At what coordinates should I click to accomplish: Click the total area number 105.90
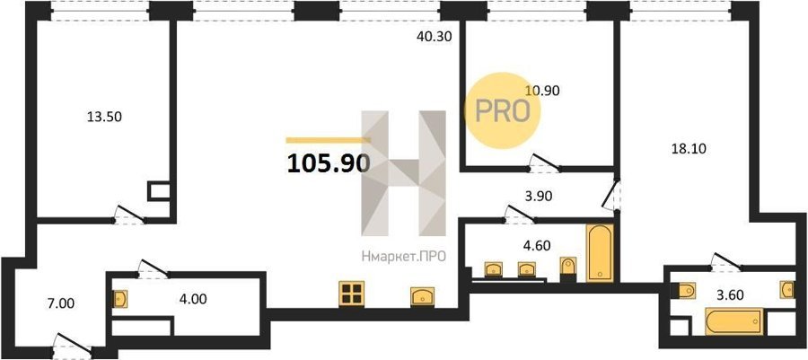[x=329, y=163]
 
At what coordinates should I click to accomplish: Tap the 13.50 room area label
[x=105, y=117]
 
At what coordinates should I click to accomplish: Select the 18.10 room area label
[x=688, y=149]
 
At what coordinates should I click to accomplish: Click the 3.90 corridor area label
[x=525, y=197]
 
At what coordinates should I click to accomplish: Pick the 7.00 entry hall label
[x=60, y=303]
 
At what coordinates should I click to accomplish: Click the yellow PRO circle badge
[x=503, y=110]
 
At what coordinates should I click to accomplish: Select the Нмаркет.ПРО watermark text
[x=403, y=256]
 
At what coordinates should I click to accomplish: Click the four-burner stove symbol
[x=352, y=294]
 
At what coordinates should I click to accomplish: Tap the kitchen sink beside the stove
[x=423, y=296]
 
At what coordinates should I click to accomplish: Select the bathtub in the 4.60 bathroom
[x=601, y=253]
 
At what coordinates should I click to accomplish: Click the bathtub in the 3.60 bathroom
[x=734, y=321]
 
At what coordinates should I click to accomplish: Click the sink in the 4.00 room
[x=119, y=299]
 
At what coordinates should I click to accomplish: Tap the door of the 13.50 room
[x=129, y=215]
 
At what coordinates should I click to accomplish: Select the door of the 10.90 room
[x=545, y=162]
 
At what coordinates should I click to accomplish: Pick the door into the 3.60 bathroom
[x=726, y=261]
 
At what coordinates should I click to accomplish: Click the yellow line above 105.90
[x=329, y=139]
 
